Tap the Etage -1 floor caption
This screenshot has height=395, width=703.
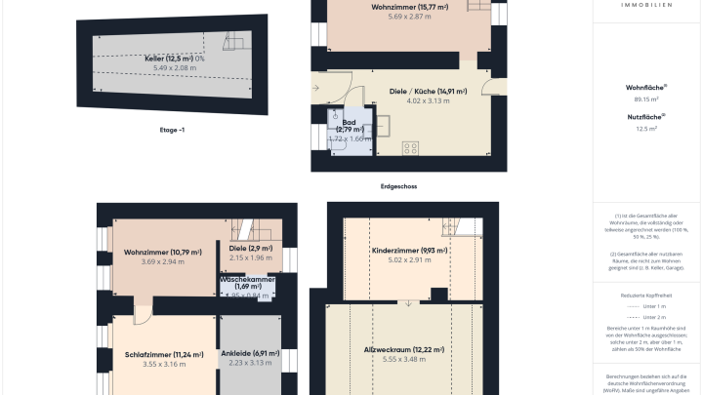[172, 128]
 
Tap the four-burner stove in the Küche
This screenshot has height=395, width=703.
[410, 149]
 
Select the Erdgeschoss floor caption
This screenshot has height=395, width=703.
[399, 185]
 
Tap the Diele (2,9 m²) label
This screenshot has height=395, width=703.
[253, 249]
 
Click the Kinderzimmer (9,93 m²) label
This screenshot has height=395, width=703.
[410, 251]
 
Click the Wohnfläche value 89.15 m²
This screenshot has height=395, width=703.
[645, 99]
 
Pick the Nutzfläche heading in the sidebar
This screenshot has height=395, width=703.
[645, 116]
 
